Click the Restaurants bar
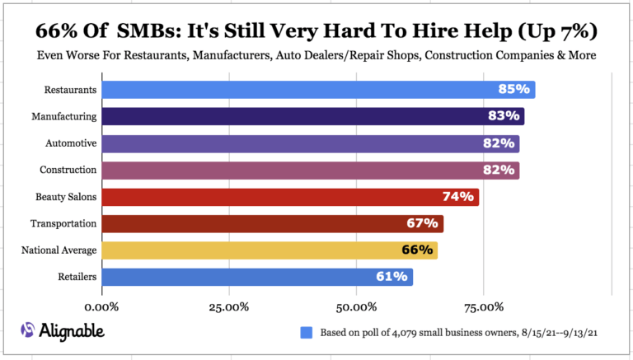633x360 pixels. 318,90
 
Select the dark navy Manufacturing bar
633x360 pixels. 313,116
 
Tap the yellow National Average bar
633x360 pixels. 270,250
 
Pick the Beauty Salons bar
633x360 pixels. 290,197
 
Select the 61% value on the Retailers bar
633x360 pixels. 392,277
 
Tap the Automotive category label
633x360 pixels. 71,143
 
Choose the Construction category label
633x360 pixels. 68,170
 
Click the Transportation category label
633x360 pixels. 63,223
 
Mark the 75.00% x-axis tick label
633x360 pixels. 483,307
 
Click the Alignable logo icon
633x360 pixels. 28,331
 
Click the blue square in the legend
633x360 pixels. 307,333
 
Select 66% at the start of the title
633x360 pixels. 56,31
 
